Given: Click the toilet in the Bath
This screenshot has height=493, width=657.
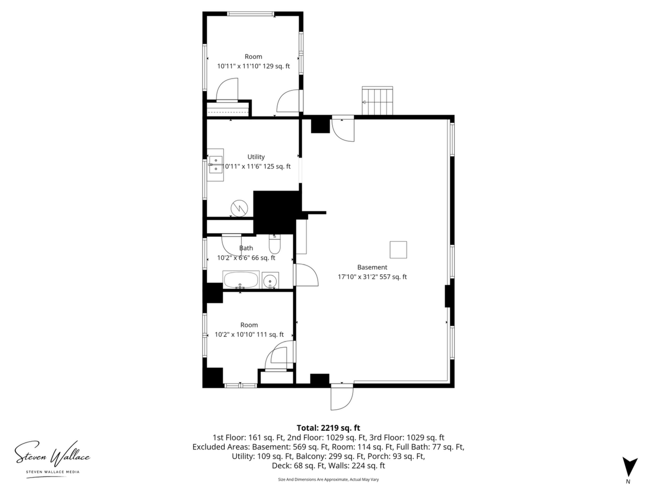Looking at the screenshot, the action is (x=274, y=243).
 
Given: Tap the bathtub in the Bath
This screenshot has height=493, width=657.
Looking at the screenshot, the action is (x=241, y=279).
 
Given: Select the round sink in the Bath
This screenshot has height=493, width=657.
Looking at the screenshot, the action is (x=270, y=280).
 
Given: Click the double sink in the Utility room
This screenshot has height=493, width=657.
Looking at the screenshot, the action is (x=216, y=165).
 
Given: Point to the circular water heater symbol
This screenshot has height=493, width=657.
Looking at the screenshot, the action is (x=239, y=208).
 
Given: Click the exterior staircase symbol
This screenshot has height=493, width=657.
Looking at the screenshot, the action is (x=377, y=101).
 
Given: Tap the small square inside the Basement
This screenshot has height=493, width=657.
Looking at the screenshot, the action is (x=398, y=250).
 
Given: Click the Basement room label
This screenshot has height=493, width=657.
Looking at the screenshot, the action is (x=372, y=267).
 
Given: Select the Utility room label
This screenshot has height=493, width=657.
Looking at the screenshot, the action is (x=256, y=157).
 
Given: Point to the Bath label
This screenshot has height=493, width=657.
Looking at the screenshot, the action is (x=246, y=248).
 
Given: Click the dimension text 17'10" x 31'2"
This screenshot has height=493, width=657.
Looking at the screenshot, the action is (x=358, y=277).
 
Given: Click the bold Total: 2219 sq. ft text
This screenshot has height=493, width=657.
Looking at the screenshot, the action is (x=328, y=428).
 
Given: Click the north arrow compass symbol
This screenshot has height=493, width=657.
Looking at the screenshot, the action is (x=630, y=467).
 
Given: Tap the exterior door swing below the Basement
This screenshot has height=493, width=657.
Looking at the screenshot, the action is (x=342, y=399).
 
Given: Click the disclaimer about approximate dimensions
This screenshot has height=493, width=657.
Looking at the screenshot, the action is (x=328, y=480).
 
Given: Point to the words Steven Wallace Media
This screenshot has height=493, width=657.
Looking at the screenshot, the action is (x=53, y=472).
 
